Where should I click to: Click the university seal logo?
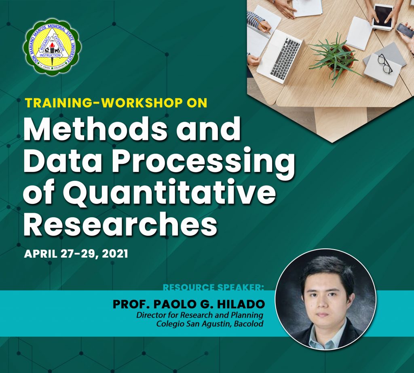click(x=52, y=47)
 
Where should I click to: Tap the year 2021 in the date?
click(x=115, y=254)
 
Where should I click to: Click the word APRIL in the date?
click(x=41, y=254)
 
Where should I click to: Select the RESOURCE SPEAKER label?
click(x=213, y=287)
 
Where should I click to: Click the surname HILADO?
click(x=241, y=304)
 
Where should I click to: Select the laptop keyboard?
click(x=285, y=58)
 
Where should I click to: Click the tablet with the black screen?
click(x=383, y=17)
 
